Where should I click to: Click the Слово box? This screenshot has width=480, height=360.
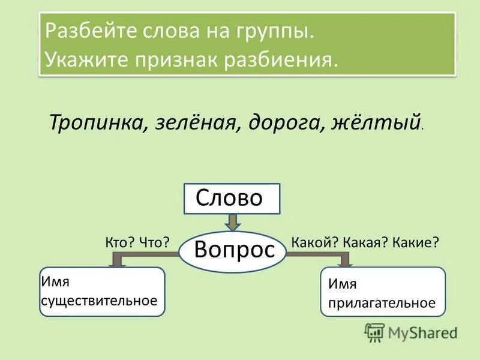231,199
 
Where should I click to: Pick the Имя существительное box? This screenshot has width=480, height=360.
101,292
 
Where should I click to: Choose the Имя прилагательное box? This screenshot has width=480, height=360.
383,292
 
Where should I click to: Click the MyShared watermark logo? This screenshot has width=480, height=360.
412,332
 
